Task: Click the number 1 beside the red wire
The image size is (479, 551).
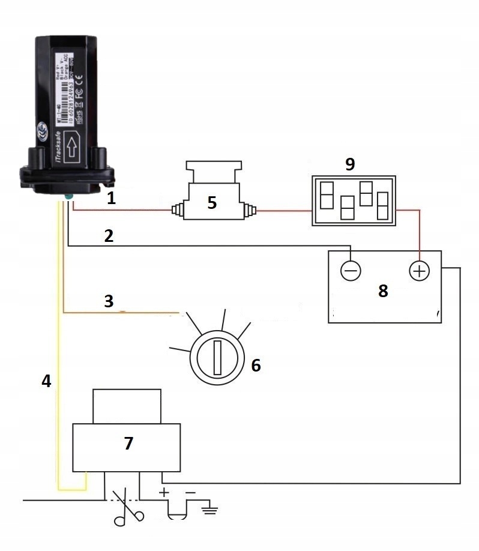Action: click(x=111, y=199)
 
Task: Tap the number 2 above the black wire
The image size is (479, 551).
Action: click(x=109, y=236)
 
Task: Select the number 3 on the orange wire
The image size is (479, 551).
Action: click(x=109, y=301)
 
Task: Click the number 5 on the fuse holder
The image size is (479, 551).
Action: click(x=212, y=202)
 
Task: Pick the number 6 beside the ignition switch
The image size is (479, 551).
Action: click(x=256, y=365)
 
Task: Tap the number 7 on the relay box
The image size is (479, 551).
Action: click(x=128, y=444)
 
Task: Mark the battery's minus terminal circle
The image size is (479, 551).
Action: click(x=351, y=271)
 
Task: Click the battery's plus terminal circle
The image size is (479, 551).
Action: click(x=419, y=271)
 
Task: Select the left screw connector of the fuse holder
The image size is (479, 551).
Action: click(x=177, y=210)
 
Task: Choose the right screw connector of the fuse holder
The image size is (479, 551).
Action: click(x=251, y=210)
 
